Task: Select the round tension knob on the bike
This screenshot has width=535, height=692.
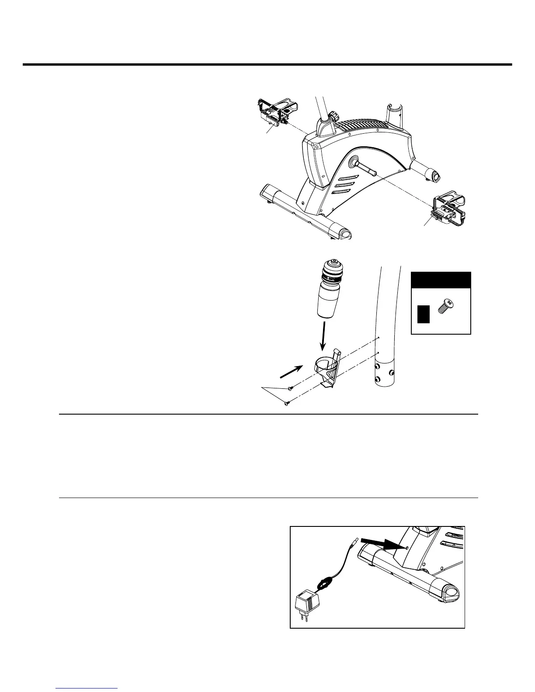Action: (x=334, y=117)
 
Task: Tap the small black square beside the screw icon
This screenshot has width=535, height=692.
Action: (x=423, y=314)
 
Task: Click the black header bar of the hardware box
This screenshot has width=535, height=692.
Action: (x=441, y=280)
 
